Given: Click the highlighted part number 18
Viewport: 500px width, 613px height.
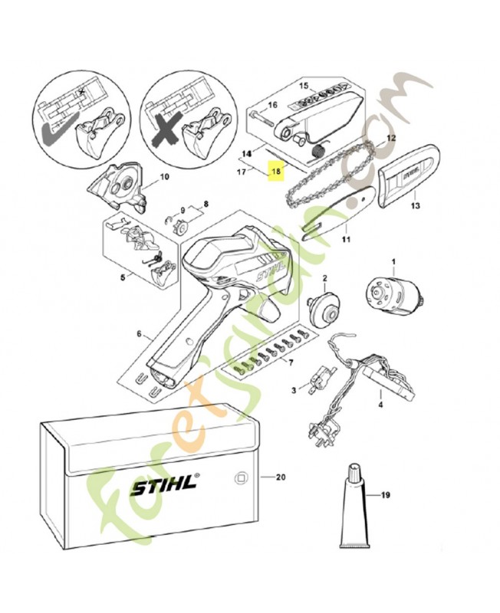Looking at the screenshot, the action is tap(276, 171).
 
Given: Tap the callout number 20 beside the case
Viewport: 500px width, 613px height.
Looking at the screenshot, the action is tap(280, 477).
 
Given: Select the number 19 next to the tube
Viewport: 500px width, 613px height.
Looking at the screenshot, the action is tap(385, 495).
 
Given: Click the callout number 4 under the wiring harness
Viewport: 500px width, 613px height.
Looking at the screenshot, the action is tap(380, 405).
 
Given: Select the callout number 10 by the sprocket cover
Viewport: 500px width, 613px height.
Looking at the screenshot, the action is tap(164, 177).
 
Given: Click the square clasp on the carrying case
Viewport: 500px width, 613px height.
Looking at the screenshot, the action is tap(238, 477).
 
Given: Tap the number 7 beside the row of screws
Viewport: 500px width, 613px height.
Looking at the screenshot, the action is tap(291, 362).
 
